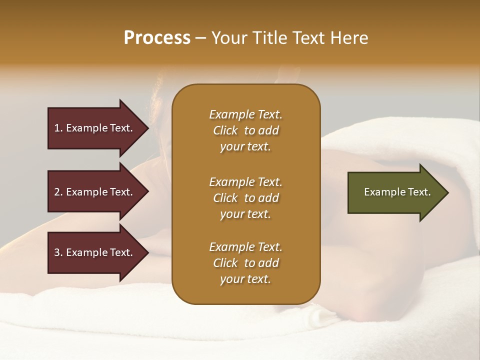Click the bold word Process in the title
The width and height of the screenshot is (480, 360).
point(157,38)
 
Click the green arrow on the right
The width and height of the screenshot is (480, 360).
point(395,192)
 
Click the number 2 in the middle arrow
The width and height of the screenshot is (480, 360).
point(57,192)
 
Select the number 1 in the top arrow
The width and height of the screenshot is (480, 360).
point(57,128)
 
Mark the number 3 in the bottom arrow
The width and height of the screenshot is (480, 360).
point(57,252)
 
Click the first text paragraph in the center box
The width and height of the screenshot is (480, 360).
point(245,130)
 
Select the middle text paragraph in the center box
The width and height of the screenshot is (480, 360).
point(245,198)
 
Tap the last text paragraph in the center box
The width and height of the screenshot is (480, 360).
point(245,263)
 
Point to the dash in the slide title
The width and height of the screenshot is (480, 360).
point(200,38)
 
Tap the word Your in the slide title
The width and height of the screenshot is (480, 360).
point(229,38)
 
